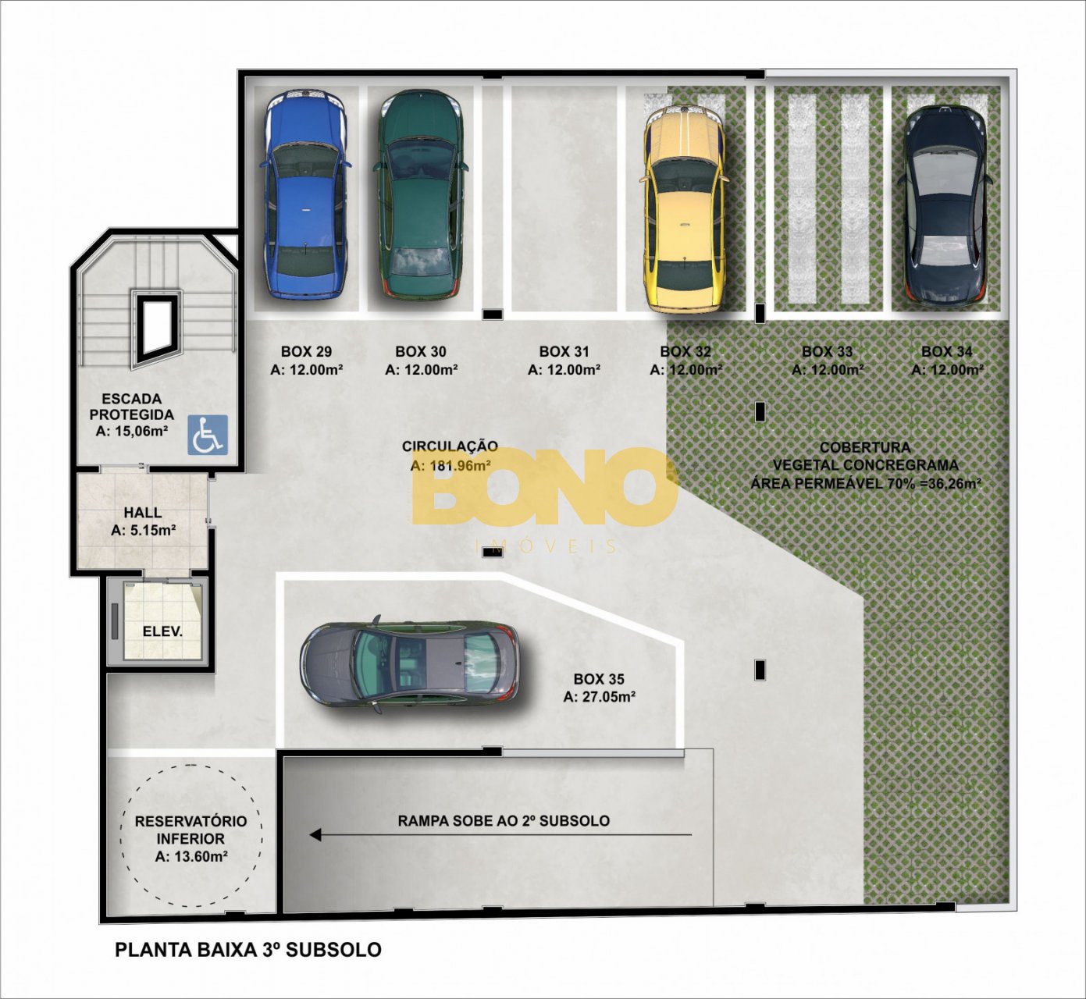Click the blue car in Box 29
(304, 195)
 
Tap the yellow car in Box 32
(684, 209)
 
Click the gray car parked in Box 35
(410, 664)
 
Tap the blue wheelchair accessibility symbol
(208, 435)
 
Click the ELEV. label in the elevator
(162, 631)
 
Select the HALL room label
(143, 513)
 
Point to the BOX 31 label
(564, 352)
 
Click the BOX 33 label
(828, 352)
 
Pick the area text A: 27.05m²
(600, 697)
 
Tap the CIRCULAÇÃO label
(450, 446)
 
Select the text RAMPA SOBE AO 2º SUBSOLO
(504, 821)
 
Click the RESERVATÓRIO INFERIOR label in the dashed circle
(190, 830)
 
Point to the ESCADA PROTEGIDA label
(132, 407)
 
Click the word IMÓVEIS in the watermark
(545, 546)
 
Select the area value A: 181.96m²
(451, 465)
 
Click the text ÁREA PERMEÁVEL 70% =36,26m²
(866, 483)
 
